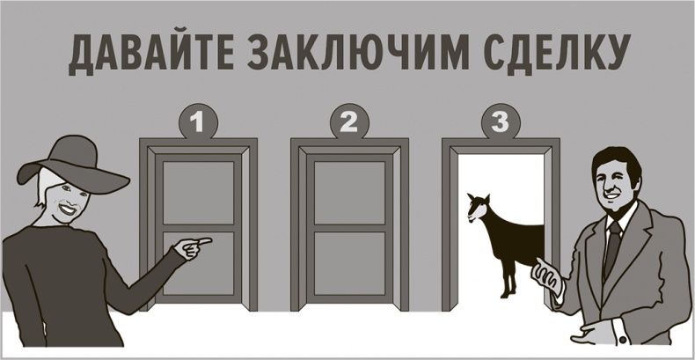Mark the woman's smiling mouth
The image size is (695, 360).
[64, 211]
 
